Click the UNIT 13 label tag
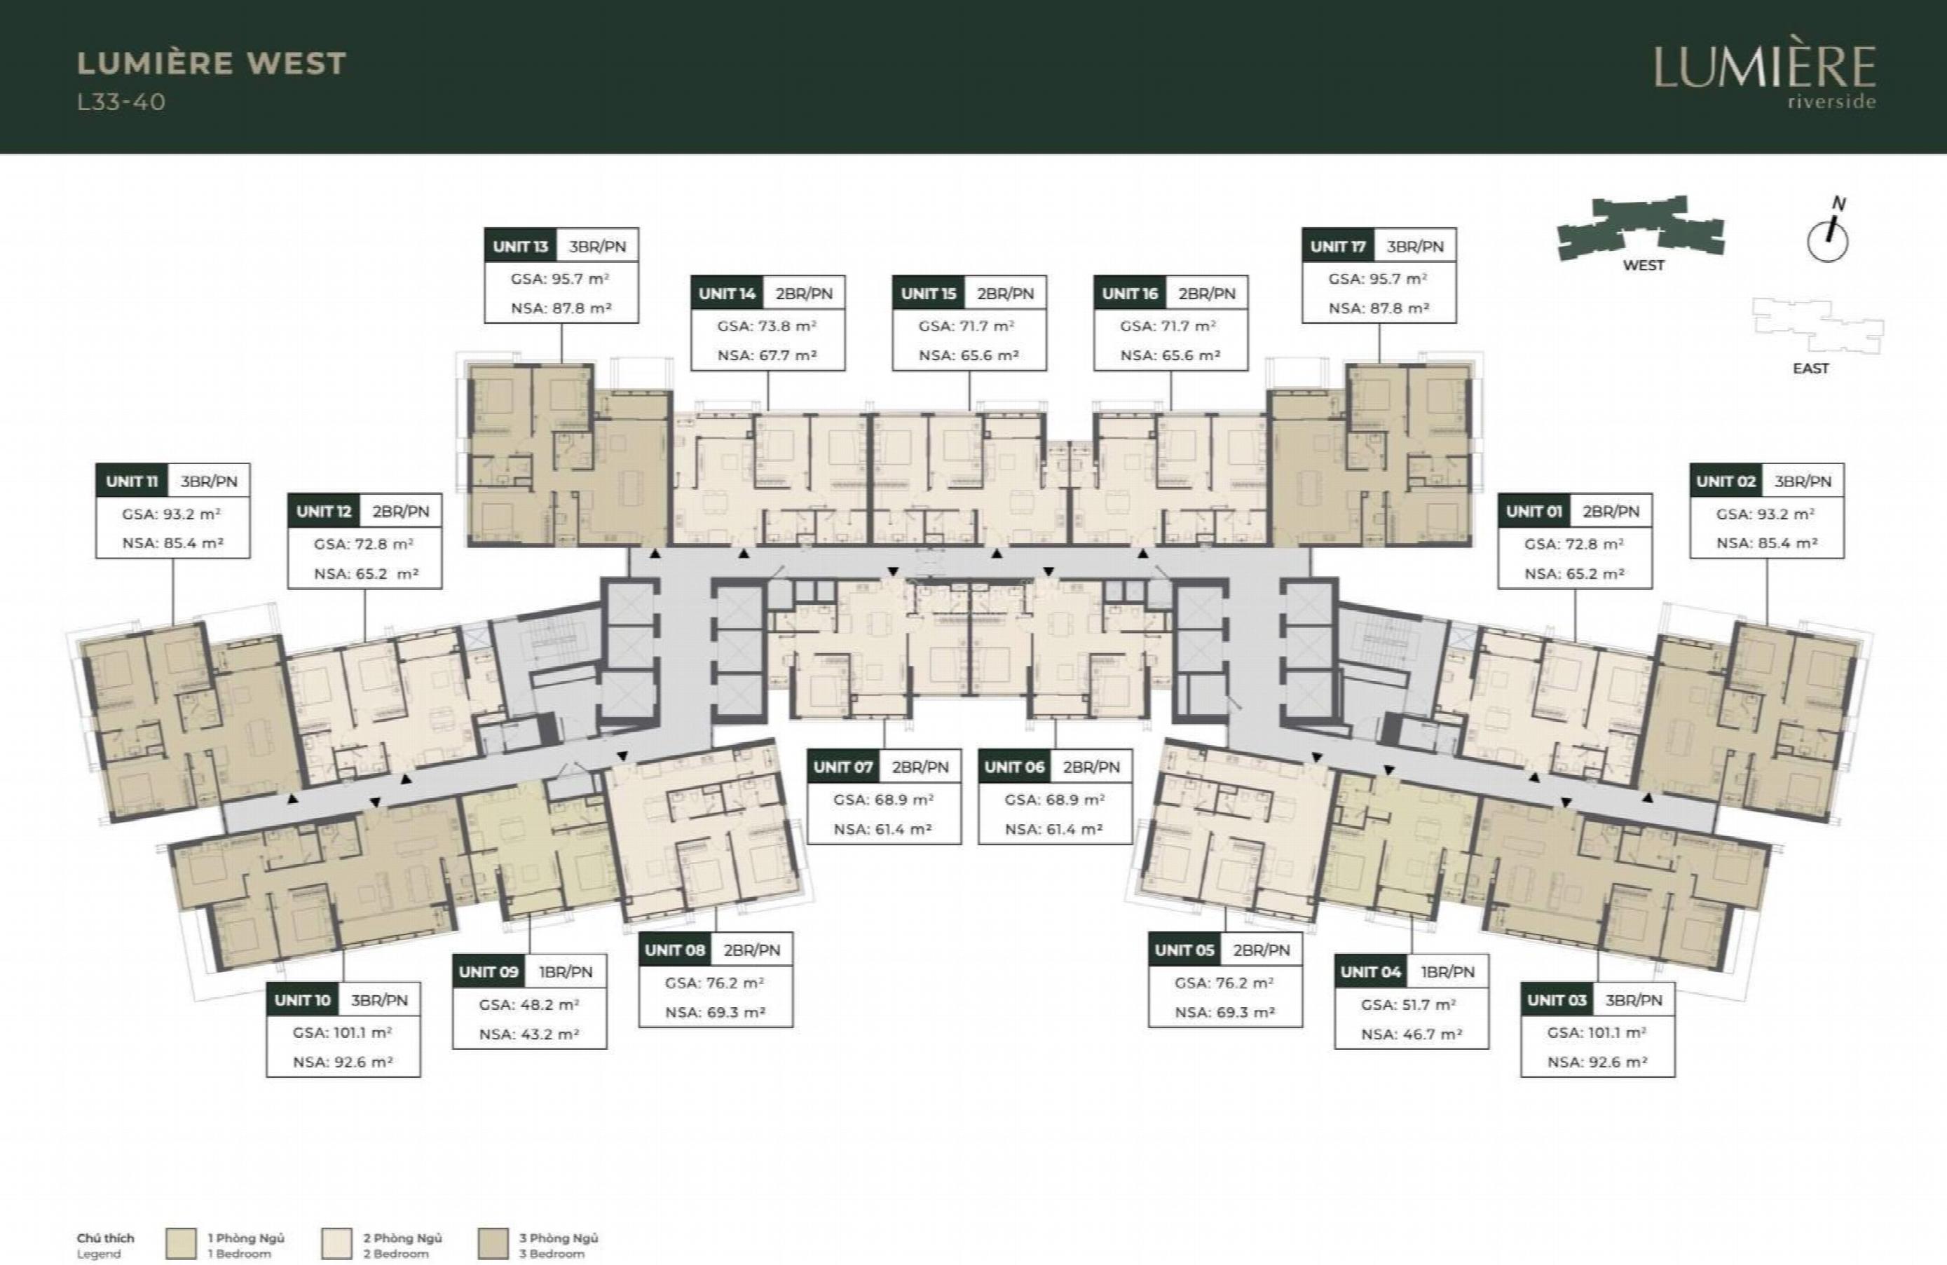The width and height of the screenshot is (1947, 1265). pos(520,246)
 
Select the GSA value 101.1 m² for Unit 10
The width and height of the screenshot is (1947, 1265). pos(343,1032)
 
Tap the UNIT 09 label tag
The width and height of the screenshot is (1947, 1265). pos(489,971)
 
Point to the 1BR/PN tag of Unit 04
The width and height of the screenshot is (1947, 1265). pos(1447,971)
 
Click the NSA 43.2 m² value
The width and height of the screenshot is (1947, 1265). pos(529,1034)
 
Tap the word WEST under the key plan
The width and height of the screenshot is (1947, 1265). pos(1644,265)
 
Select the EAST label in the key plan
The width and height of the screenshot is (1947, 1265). pos(1810,368)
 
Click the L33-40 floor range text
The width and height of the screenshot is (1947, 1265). pos(121,102)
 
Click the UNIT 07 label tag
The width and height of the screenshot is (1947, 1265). pos(843,767)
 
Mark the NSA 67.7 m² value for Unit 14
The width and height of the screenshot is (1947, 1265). pos(767,355)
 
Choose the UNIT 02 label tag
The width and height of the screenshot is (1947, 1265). pos(1726,481)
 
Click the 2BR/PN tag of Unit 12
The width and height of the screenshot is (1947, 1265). pos(400,512)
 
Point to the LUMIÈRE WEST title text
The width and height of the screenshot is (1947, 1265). pos(212,63)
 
